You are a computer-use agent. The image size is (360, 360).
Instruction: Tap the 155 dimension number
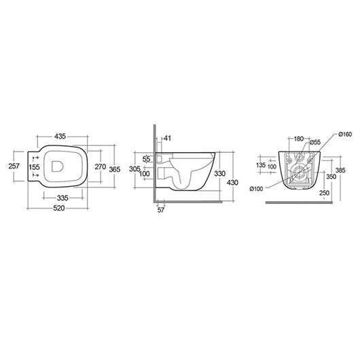35,166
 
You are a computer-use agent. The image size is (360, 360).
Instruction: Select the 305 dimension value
134,168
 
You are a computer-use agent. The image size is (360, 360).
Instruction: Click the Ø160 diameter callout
344,134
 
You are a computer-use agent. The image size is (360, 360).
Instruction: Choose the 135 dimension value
261,164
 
